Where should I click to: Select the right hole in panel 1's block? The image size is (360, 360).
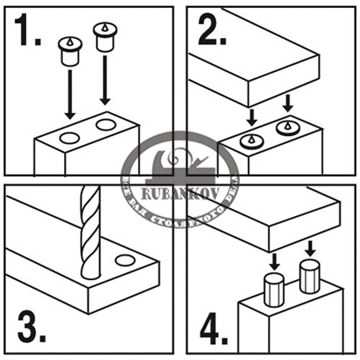[x=105, y=126]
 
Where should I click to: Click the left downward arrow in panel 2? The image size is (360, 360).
[x=252, y=117]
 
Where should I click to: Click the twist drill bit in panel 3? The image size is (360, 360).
[x=90, y=232]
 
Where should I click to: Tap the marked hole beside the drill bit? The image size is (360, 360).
[x=124, y=260]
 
